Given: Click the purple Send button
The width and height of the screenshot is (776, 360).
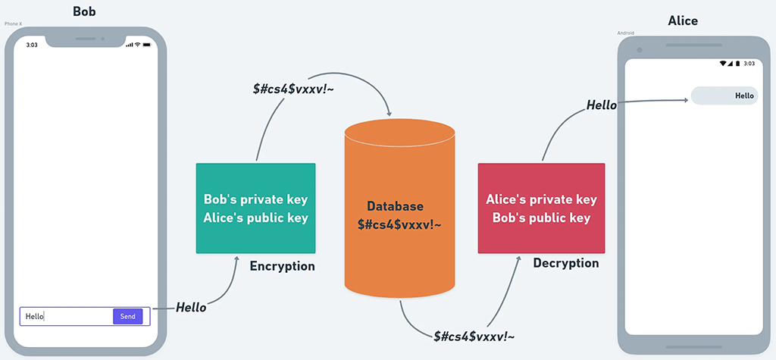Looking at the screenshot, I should pos(127,316).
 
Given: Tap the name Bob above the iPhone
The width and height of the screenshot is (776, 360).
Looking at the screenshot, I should pos(84,11).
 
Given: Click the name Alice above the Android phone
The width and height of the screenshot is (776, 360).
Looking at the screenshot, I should pos(683,21).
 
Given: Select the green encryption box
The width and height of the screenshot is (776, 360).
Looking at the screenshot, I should pos(255,208).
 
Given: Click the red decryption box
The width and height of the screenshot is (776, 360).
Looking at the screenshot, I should pos(541,208).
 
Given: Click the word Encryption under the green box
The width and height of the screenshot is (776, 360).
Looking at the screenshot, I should pos(282,266).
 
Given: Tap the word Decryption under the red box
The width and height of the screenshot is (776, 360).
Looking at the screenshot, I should pos(565,263).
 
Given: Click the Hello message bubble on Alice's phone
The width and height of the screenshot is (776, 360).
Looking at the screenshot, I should pos(724,95).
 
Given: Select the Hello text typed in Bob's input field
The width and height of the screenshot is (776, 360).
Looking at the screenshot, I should pos(35,317).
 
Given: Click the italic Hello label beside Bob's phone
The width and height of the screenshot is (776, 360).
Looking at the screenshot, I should pos(191,307).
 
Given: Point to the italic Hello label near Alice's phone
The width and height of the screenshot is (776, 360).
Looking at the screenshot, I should pos(602,105).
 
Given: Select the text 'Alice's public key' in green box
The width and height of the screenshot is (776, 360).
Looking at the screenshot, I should pos(255,218).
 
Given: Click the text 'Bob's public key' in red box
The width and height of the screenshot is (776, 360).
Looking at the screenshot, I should pos(541,218).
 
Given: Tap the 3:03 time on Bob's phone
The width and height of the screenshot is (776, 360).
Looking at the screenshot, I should pos(32,45).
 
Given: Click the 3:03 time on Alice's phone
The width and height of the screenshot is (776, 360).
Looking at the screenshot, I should pos(749,64).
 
